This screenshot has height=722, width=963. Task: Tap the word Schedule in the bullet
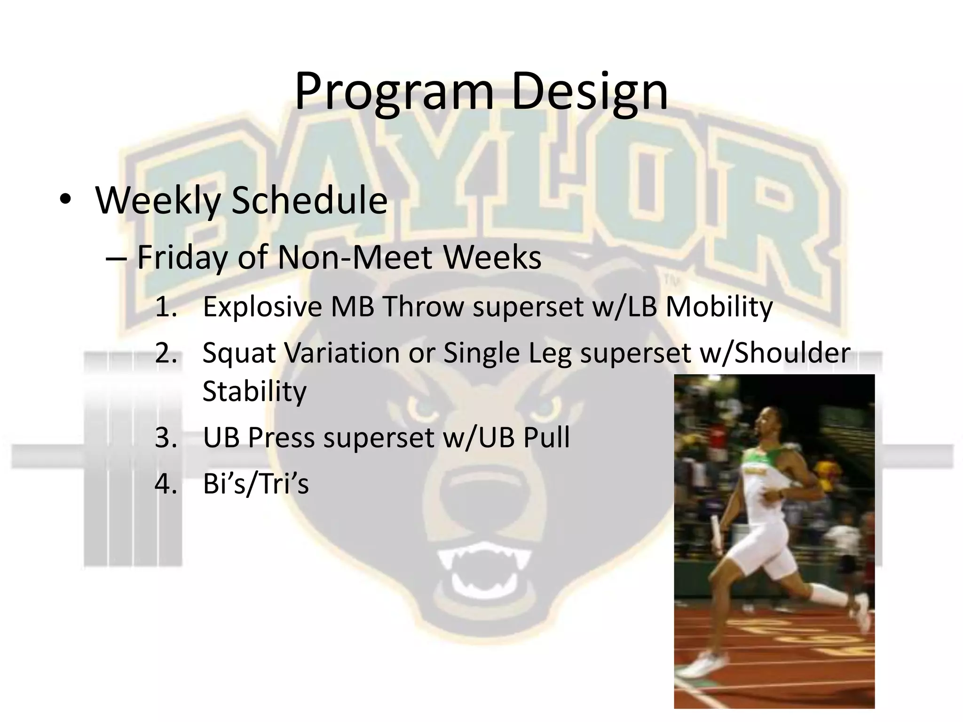(x=309, y=200)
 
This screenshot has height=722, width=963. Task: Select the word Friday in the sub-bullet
(x=182, y=258)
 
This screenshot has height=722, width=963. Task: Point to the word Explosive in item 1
(x=262, y=307)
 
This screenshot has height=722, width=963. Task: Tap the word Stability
(x=254, y=391)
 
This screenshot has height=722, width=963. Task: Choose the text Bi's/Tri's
(x=256, y=484)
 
